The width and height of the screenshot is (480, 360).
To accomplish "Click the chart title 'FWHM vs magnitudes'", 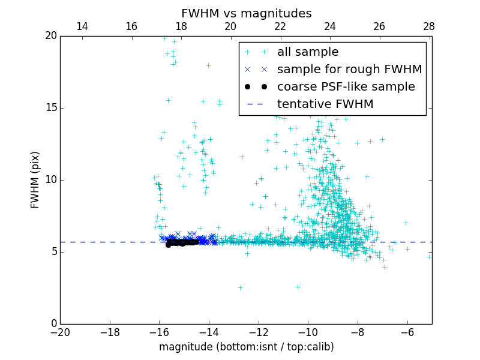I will pyautogui.click(x=246, y=13).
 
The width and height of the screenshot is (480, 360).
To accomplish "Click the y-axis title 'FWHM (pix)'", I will pyautogui.click(x=35, y=179).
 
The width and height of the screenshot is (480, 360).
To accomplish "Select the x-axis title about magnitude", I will pyautogui.click(x=246, y=347).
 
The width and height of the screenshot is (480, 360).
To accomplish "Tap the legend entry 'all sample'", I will pyautogui.click(x=308, y=52).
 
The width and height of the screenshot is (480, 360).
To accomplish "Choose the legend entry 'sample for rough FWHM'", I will pyautogui.click(x=349, y=70).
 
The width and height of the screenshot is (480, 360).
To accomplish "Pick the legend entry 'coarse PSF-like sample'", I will pyautogui.click(x=346, y=87).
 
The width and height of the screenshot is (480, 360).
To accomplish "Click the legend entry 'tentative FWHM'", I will pyautogui.click(x=325, y=104).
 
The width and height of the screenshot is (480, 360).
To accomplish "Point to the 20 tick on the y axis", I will pyautogui.click(x=50, y=36).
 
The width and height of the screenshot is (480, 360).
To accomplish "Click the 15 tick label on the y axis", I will pyautogui.click(x=50, y=108).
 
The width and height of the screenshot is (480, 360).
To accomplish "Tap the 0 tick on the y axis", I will pyautogui.click(x=53, y=324).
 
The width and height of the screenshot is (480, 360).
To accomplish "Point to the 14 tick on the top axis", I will pyautogui.click(x=82, y=26).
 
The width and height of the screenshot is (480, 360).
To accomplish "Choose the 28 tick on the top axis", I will pyautogui.click(x=429, y=26).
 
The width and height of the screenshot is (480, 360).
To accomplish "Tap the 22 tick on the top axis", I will pyautogui.click(x=280, y=26).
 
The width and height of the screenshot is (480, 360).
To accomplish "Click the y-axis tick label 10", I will pyautogui.click(x=50, y=180).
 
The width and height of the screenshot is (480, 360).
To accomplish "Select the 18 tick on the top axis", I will pyautogui.click(x=181, y=26).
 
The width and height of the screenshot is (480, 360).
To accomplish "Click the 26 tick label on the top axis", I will pyautogui.click(x=379, y=26).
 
